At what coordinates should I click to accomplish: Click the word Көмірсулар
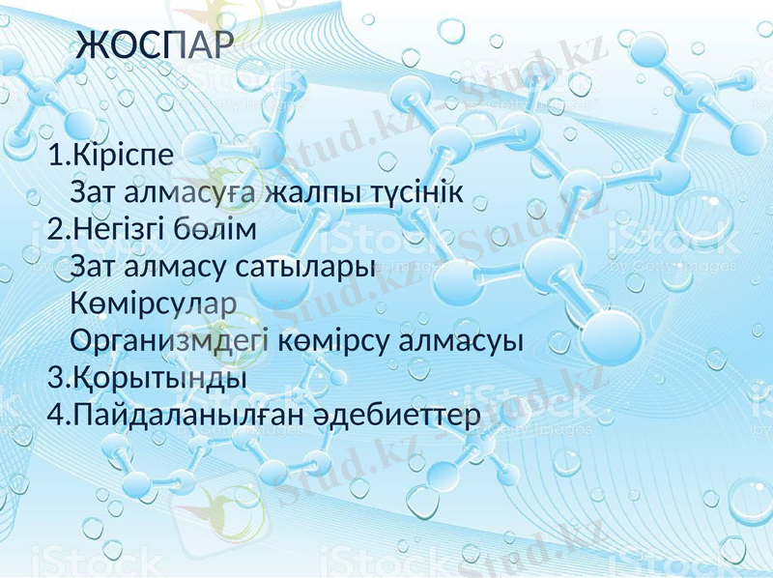tap(154, 303)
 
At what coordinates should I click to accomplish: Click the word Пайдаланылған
tap(189, 415)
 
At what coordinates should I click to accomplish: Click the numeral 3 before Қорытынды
tap(54, 377)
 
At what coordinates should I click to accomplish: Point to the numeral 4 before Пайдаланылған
tap(54, 415)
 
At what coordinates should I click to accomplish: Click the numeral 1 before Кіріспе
tap(54, 156)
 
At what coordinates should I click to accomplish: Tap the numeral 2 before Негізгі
tap(54, 230)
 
